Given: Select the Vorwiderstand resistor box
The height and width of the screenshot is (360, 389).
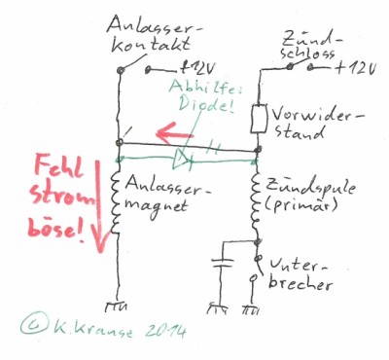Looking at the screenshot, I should pyautogui.click(x=259, y=119).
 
